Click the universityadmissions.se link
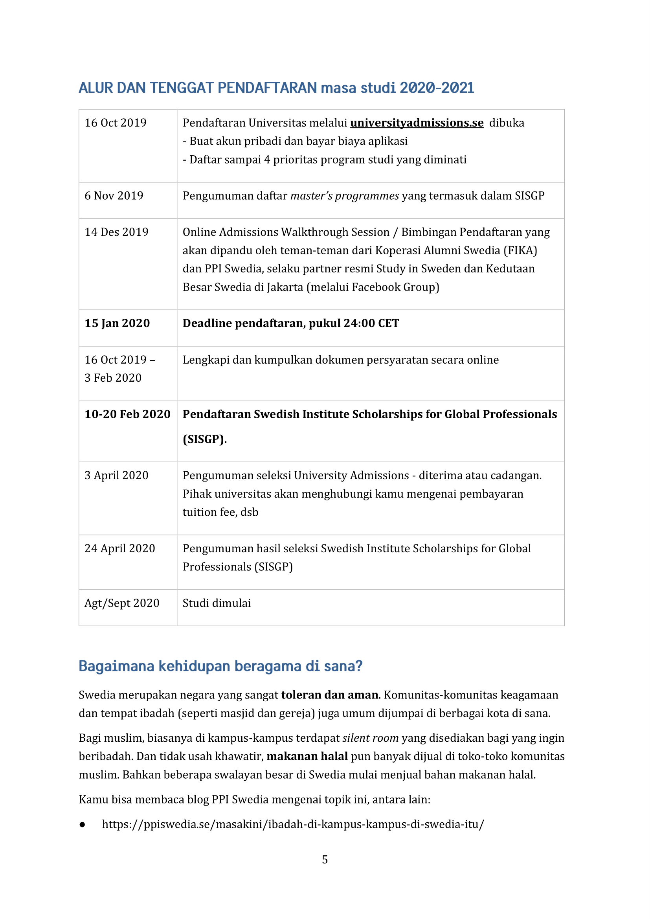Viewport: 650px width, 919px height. pyautogui.click(x=417, y=123)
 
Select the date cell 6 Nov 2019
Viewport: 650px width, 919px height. pyautogui.click(x=114, y=196)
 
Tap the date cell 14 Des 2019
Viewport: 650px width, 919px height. pyautogui.click(x=116, y=232)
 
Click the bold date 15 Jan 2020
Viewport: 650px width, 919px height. pyautogui.click(x=117, y=323)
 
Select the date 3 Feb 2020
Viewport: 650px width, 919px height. pyautogui.click(x=113, y=378)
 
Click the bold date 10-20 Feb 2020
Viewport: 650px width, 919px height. pyautogui.click(x=127, y=414)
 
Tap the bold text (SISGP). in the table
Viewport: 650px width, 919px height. pyautogui.click(x=204, y=439)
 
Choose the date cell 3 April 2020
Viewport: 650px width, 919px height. pyautogui.click(x=116, y=476)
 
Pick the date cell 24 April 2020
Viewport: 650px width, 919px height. pyautogui.click(x=119, y=548)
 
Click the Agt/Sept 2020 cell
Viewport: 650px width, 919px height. pyautogui.click(x=122, y=603)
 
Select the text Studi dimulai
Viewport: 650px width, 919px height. pyautogui.click(x=217, y=603)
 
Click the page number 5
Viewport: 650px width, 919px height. pyautogui.click(x=325, y=859)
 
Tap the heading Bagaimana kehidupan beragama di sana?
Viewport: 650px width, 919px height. pyautogui.click(x=220, y=666)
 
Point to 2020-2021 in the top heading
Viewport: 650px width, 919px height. pyautogui.click(x=437, y=88)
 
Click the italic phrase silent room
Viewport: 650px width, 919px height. pyautogui.click(x=370, y=738)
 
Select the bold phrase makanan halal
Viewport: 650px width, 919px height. pyautogui.click(x=307, y=757)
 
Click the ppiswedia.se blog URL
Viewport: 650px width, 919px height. pyautogui.click(x=293, y=825)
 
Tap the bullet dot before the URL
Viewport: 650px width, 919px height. pyautogui.click(x=83, y=825)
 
